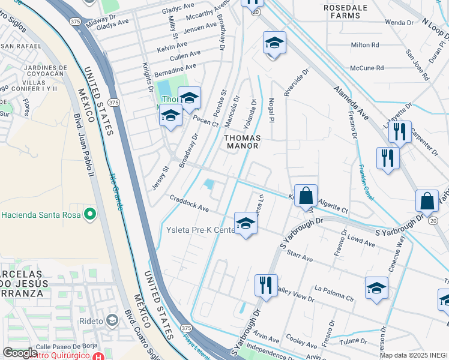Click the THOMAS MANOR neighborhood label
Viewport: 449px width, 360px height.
241,141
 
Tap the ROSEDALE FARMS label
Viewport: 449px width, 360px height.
345,11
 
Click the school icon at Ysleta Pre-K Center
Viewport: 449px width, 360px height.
245,224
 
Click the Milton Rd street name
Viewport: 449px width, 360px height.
365,45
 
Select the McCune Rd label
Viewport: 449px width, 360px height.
367,68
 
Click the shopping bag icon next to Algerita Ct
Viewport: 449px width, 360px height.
306,196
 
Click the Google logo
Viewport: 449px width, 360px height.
20,353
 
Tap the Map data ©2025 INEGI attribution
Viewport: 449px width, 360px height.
413,355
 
